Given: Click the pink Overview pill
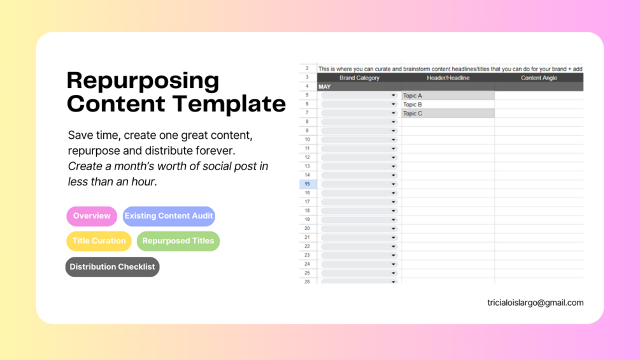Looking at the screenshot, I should point(92,216).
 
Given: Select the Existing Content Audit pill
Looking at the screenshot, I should point(169,216).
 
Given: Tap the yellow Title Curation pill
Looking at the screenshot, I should point(99,241).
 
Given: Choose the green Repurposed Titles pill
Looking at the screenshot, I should point(178,241).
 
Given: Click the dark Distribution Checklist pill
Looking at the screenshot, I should point(112,267).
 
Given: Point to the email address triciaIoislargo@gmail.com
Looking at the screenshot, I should point(535,303).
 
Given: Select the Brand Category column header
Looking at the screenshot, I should point(359,78).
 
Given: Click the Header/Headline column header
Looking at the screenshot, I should point(448,78).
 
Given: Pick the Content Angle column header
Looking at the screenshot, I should point(539,78).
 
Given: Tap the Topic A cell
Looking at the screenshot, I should point(448,96).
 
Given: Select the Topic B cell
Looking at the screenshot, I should point(448,104).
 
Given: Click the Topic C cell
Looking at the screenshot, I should point(448,113).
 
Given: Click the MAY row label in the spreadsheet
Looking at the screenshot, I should point(325,87).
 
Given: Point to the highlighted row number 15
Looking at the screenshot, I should point(308,184).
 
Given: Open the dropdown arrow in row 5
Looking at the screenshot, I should point(394,96).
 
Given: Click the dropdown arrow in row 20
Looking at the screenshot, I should point(394,229).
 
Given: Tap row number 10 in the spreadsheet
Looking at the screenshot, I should point(308,140).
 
